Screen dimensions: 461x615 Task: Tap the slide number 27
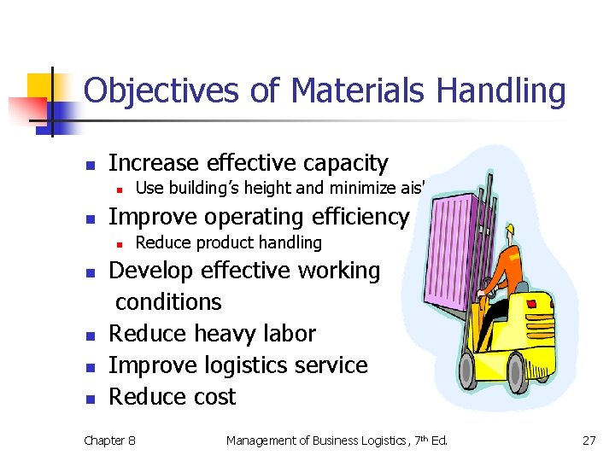tap(589, 441)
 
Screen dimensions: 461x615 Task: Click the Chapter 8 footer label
tap(109, 441)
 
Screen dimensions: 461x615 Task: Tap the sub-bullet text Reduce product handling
tap(229, 243)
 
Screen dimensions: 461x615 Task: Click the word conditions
tap(168, 302)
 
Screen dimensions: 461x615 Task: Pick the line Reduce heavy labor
tap(212, 334)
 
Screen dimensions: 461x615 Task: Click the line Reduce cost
tap(173, 397)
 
